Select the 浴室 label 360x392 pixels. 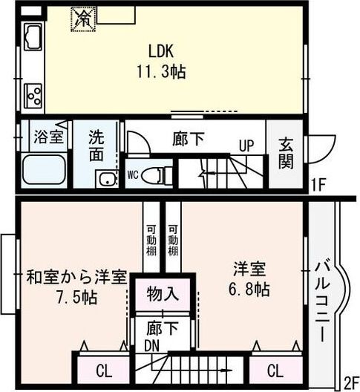click(50, 137)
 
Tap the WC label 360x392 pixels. click(133, 175)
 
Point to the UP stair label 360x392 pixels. click(246, 146)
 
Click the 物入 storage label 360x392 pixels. click(162, 293)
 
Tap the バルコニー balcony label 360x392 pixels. click(323, 301)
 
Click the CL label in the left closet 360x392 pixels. click(104, 370)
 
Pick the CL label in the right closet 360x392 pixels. click(273, 370)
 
